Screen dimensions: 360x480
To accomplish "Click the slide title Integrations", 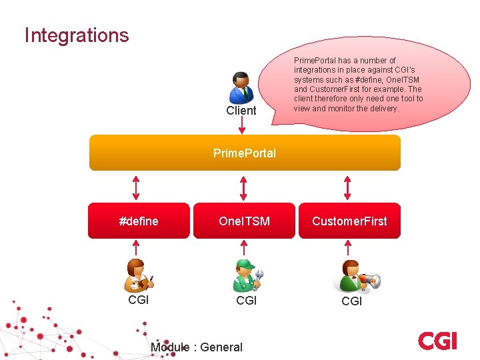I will coord(77,35).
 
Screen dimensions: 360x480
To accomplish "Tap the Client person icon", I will coord(241,87).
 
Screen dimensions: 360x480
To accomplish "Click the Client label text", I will coord(241,111).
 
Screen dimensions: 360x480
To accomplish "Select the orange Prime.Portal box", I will coord(245,153).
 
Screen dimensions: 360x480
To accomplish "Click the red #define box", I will coord(139,221).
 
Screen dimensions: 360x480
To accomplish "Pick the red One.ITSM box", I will coord(244,221).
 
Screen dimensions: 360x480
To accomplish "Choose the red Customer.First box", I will coord(350,221).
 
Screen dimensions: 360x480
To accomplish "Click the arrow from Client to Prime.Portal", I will coord(241,125).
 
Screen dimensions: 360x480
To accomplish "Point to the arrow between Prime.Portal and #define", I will coord(136,187).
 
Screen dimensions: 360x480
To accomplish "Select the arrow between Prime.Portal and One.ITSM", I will coord(243,187).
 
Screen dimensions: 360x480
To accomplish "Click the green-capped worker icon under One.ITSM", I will coord(246,275).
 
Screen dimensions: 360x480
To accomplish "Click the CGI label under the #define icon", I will coord(138,300).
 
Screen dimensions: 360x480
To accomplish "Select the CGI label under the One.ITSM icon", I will coord(246,301).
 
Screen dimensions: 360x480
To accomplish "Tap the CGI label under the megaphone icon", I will coord(351,301).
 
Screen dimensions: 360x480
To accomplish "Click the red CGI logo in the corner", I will coord(437,341).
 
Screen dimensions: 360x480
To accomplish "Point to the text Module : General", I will coord(197,347).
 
